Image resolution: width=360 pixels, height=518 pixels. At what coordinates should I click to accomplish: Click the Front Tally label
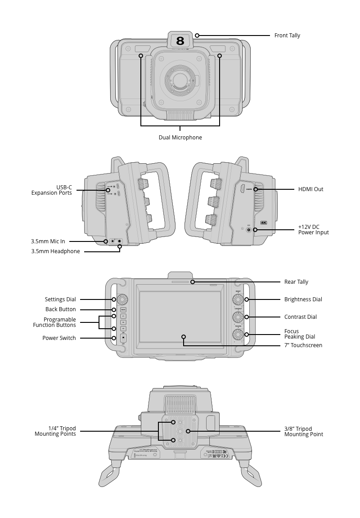[x=287, y=36]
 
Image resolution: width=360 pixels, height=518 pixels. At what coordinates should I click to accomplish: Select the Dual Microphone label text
[x=180, y=138]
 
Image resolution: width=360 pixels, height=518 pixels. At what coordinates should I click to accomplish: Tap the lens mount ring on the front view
[x=180, y=80]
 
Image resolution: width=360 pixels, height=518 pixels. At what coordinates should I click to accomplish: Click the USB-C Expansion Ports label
[x=51, y=190]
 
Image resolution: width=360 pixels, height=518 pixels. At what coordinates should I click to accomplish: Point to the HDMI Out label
[x=310, y=189]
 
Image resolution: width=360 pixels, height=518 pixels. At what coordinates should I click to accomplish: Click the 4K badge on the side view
[x=264, y=223]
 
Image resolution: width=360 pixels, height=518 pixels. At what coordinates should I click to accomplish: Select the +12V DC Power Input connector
[x=248, y=230]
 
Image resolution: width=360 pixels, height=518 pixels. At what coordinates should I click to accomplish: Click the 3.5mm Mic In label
[x=48, y=241]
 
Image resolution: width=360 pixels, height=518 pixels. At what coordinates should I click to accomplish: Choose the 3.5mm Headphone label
[x=55, y=251]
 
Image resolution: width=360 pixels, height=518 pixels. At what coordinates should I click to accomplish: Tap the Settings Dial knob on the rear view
[x=123, y=299]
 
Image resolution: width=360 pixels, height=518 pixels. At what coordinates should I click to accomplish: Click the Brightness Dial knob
[x=238, y=299]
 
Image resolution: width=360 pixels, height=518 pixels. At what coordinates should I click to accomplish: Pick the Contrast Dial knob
[x=238, y=317]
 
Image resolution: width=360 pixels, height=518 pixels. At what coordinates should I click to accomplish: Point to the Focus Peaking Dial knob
[x=238, y=335]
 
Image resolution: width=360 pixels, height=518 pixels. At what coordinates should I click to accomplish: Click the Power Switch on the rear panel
[x=123, y=338]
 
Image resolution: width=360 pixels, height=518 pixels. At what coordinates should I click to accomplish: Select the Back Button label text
[x=60, y=309]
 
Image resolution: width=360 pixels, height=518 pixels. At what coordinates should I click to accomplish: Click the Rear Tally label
[x=296, y=282]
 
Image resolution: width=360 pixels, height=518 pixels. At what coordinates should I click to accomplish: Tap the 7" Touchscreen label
[x=303, y=345]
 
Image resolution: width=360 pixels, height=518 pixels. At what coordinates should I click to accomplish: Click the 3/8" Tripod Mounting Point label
[x=303, y=432]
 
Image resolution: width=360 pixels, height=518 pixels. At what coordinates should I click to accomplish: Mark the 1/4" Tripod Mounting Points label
[x=55, y=431]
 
